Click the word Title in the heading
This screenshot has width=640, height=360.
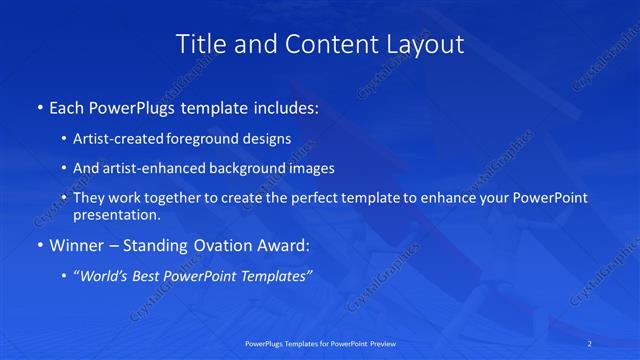pyautogui.click(x=198, y=44)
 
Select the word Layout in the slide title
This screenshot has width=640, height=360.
pyautogui.click(x=426, y=45)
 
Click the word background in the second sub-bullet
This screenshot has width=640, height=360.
pyautogui.click(x=245, y=168)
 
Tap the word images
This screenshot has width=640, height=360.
pyautogui.click(x=308, y=168)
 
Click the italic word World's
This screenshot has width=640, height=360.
pyautogui.click(x=105, y=276)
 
